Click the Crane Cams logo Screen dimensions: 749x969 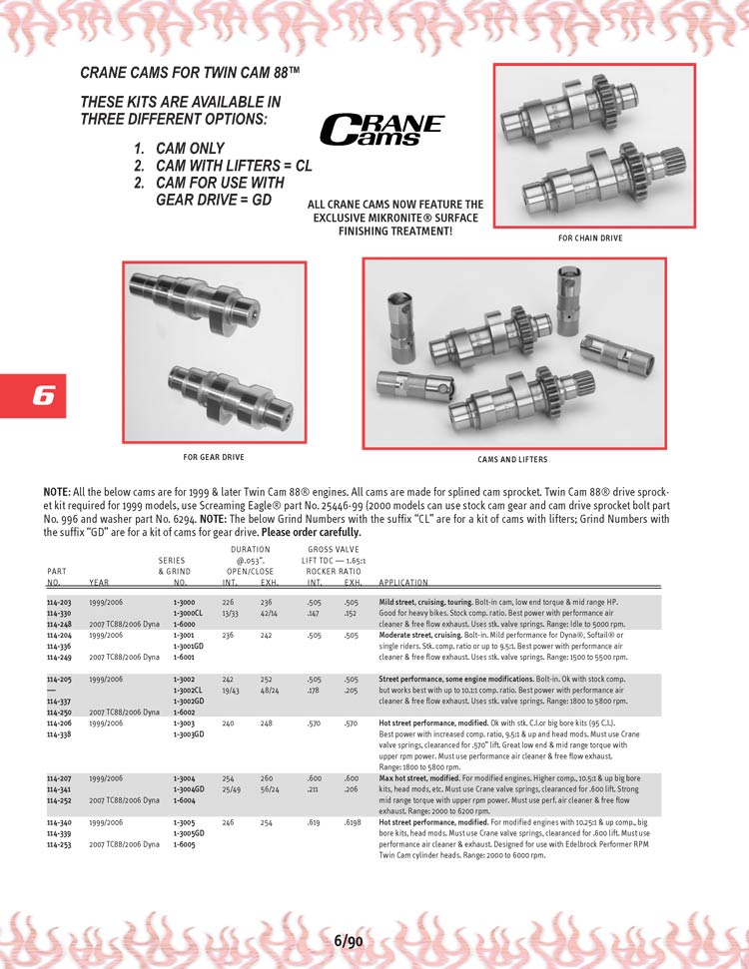[x=381, y=130]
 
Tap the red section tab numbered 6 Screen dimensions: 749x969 [x=33, y=395]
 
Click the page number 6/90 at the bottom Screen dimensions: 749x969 [x=349, y=941]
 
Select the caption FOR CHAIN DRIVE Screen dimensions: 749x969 [x=590, y=238]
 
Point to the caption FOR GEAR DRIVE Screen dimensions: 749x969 [x=214, y=457]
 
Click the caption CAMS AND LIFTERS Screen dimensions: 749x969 [x=512, y=460]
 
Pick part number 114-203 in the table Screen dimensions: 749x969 [x=59, y=602]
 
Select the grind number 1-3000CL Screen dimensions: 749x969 [x=188, y=613]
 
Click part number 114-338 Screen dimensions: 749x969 [x=59, y=734]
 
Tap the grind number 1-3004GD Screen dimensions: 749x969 [x=188, y=789]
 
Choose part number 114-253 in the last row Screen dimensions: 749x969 [x=59, y=844]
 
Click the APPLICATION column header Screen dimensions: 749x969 [x=403, y=582]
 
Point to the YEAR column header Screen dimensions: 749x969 [x=99, y=582]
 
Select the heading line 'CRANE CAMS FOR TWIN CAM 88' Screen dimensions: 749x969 [x=190, y=72]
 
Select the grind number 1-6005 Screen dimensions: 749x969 [x=184, y=844]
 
